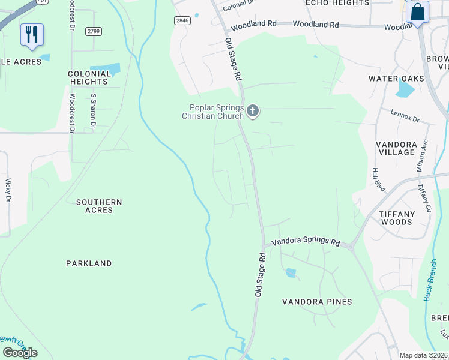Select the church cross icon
point(253,110)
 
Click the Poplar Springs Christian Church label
point(213,112)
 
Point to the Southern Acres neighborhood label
point(99,206)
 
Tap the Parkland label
point(89,263)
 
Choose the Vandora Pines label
point(317,302)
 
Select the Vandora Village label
point(396,149)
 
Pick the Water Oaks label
point(396,79)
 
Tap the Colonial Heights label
point(89,78)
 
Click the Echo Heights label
point(337,3)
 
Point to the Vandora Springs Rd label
point(306,242)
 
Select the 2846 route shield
point(182,20)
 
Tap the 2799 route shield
point(93,31)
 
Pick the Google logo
point(20,352)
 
